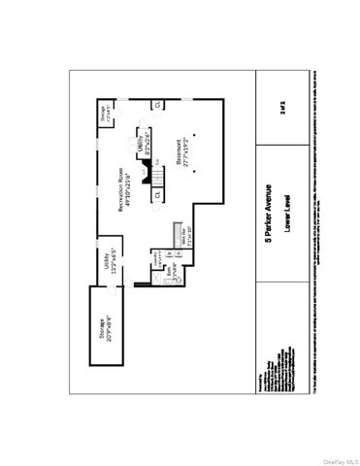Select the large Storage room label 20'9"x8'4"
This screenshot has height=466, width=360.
(100, 326)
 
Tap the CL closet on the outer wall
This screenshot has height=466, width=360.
(158, 104)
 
